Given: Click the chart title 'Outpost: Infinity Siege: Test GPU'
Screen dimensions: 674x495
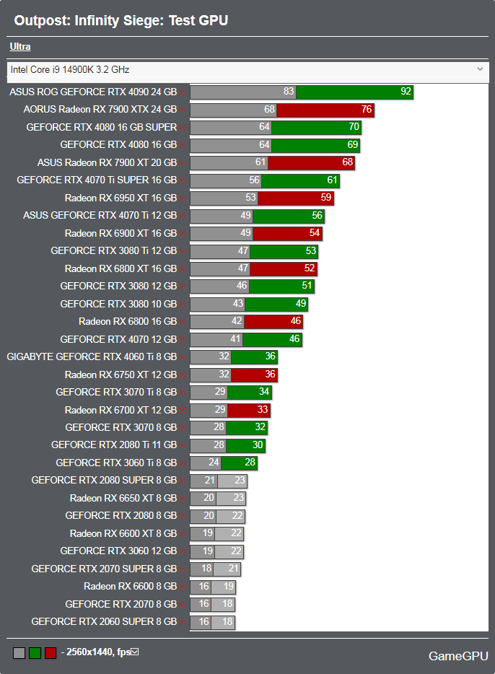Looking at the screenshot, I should (121, 20).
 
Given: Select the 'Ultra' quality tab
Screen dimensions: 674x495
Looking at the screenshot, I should (20, 47).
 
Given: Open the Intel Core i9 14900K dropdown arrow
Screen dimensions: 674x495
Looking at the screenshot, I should (481, 69).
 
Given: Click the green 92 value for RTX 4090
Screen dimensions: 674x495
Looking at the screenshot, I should (406, 92).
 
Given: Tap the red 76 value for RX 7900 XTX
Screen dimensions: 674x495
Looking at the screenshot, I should (367, 110).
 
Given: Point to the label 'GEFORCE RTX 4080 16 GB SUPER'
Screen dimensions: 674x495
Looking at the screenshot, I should (101, 127).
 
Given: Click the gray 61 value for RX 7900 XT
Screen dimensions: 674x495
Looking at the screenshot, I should (260, 162).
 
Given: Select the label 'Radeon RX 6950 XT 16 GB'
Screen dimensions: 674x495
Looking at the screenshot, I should (121, 198).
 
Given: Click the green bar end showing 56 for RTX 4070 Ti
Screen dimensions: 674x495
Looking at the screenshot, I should (317, 216).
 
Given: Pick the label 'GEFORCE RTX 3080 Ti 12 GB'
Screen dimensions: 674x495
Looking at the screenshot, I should (113, 250).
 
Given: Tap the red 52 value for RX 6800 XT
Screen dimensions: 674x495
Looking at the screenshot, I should (310, 268).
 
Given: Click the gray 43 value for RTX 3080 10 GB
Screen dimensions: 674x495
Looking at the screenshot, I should (237, 304).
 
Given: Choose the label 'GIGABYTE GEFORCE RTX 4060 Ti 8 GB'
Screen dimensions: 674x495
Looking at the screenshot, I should (92, 356).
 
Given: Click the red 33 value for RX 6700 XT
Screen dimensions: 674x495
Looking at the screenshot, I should (263, 410).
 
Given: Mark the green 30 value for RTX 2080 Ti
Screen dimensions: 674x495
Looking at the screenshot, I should (258, 445).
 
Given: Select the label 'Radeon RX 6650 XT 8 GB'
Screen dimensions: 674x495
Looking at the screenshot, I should (123, 498).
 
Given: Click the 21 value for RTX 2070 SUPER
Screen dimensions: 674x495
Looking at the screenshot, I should (232, 569).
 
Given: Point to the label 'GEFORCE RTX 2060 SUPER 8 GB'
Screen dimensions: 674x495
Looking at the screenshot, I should (104, 621).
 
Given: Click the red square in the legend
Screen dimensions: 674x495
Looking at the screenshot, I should (51, 653).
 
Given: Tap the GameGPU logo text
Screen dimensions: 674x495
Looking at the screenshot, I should (457, 656).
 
